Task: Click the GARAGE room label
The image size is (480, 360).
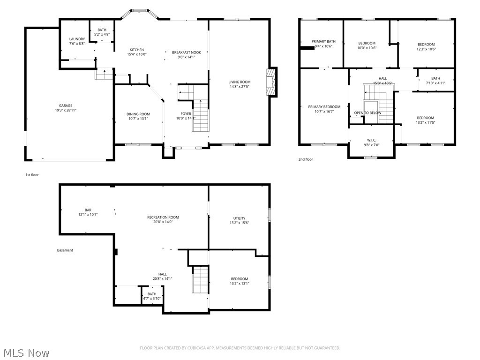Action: (66, 105)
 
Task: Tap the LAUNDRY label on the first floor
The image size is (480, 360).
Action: (76, 39)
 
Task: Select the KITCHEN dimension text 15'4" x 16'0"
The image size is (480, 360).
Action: (137, 54)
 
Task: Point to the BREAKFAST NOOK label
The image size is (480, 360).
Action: (186, 52)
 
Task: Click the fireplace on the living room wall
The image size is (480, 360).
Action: (271, 82)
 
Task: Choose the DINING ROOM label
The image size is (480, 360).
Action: (138, 114)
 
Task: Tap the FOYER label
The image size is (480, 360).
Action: (186, 114)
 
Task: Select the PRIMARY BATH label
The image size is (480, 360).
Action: (323, 41)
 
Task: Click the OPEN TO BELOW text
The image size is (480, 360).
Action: (367, 113)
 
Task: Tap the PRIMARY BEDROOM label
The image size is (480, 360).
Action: (324, 107)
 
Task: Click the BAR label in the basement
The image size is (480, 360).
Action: (88, 210)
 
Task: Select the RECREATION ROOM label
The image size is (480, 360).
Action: (163, 217)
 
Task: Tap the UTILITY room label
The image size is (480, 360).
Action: (239, 218)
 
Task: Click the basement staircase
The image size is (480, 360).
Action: (200, 279)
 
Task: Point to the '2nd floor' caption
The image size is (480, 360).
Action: (306, 159)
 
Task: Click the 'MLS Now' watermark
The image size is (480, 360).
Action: (26, 352)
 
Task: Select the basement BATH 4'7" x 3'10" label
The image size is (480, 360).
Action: (152, 294)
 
